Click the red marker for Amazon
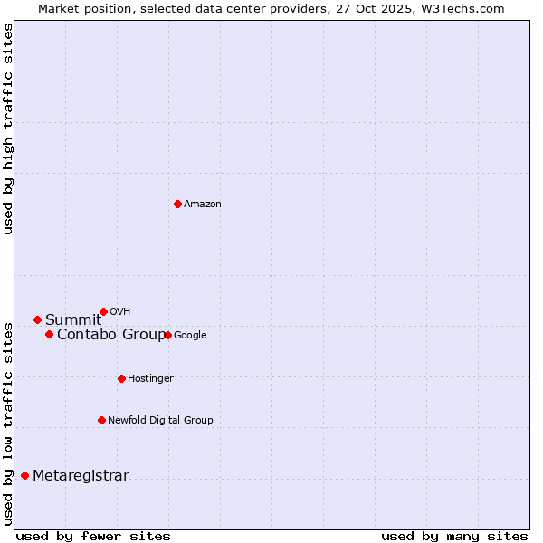(x=177, y=204)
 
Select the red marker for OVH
(x=103, y=311)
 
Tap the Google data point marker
(x=167, y=335)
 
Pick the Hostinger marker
(x=121, y=378)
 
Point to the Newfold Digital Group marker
(x=101, y=420)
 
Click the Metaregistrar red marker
(x=24, y=476)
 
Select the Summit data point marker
(x=37, y=319)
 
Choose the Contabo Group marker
(x=49, y=335)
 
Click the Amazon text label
(x=203, y=205)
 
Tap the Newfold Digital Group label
(x=160, y=420)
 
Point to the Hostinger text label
(x=150, y=378)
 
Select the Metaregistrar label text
(x=81, y=476)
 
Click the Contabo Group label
(x=111, y=335)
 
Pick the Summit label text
(x=73, y=319)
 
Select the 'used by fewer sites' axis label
(x=93, y=536)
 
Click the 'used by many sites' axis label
(x=454, y=536)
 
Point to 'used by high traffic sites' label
(x=8, y=129)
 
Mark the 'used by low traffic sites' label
(x=8, y=423)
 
